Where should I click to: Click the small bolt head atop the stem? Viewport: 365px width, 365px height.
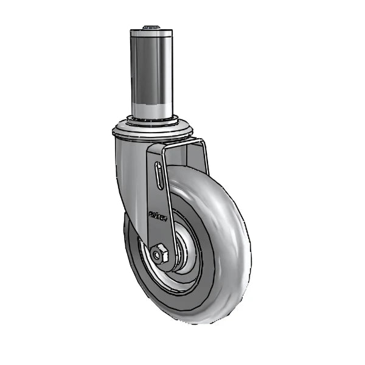pos(151,27)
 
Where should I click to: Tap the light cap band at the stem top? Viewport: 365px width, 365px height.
pos(151,35)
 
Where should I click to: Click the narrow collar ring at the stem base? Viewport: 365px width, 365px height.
pos(151,119)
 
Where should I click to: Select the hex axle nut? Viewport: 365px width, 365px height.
pos(162,253)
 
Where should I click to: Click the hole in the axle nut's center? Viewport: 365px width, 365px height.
pos(162,253)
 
